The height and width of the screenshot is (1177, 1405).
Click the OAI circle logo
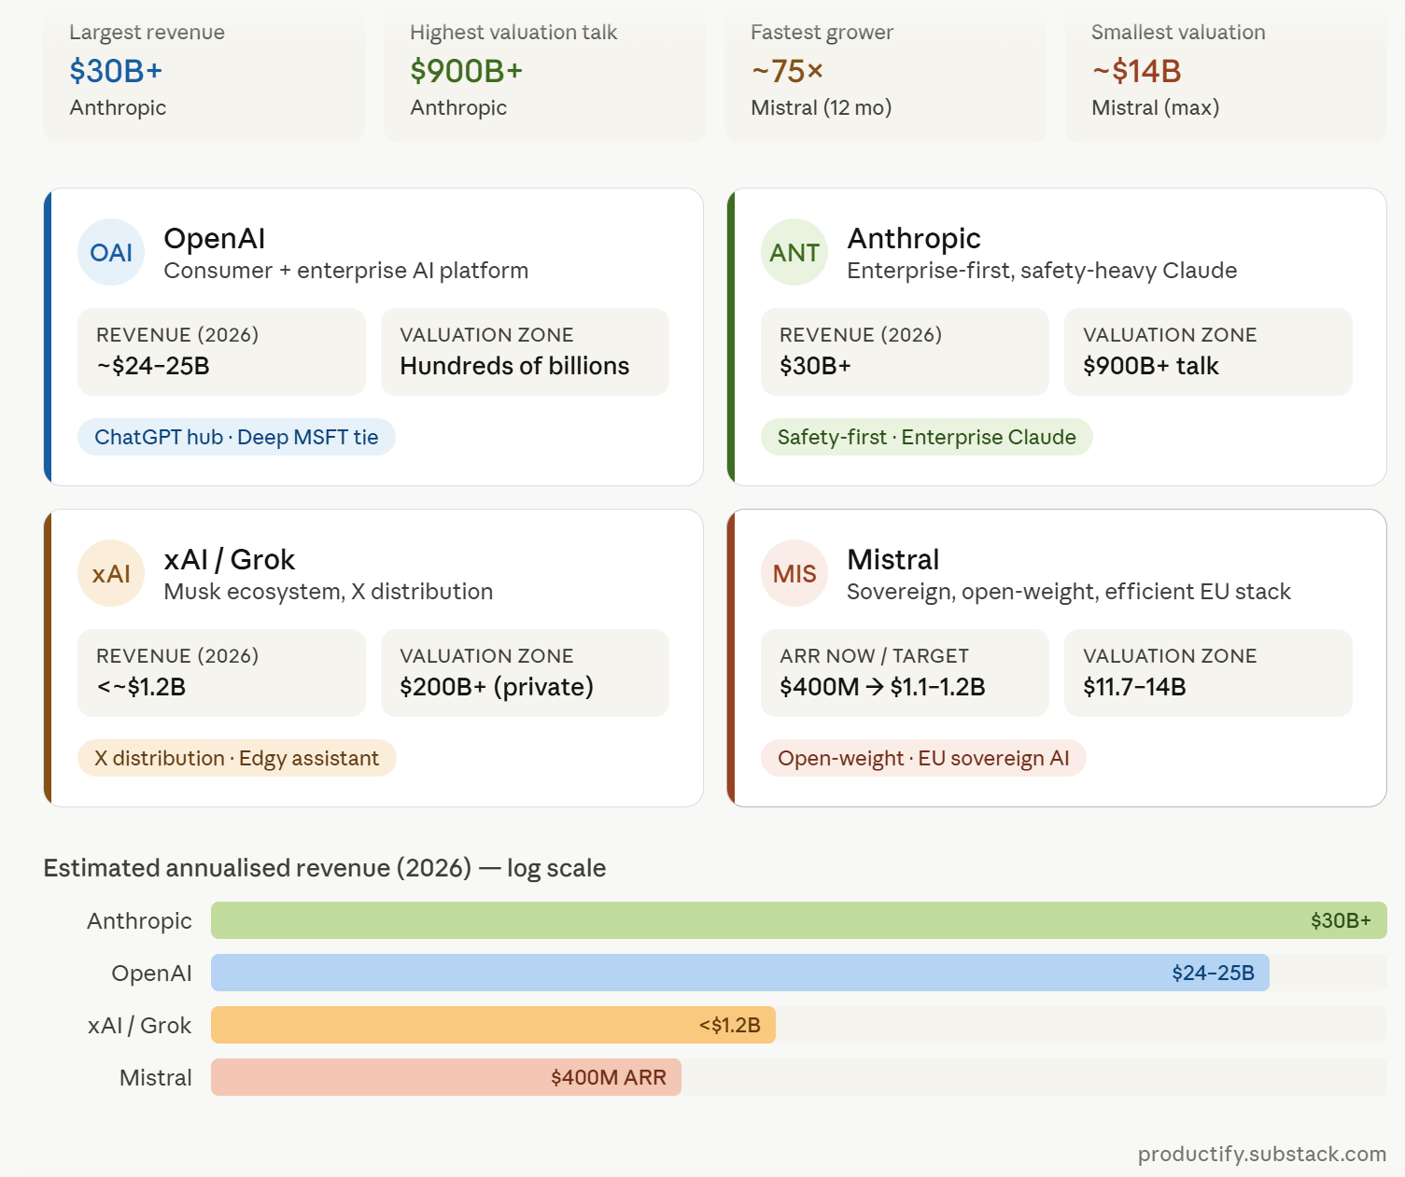[x=111, y=252]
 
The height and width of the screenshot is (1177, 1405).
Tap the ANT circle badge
[x=794, y=252]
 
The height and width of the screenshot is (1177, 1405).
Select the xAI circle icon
[x=111, y=573]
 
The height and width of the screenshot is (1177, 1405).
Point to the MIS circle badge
[x=794, y=573]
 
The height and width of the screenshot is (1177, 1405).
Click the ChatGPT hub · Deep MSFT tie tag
[x=236, y=437]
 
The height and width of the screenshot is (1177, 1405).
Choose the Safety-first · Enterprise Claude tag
[x=927, y=437]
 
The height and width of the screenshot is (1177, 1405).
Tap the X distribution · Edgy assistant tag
[x=237, y=758]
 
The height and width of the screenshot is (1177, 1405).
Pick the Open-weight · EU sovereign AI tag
[x=923, y=758]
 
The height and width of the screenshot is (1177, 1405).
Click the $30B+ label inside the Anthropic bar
[x=1341, y=920]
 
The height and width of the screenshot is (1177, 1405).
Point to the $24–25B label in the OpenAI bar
[x=1214, y=973]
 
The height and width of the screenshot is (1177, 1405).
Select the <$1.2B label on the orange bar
[x=730, y=1025]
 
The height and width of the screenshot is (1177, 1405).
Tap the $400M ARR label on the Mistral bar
[x=609, y=1077]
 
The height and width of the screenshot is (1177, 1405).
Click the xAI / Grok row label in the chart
[x=139, y=1025]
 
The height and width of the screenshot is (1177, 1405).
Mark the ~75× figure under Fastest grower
[x=787, y=71]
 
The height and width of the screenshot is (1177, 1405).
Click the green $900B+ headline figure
[x=467, y=71]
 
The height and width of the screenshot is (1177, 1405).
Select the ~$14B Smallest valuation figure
[x=1136, y=71]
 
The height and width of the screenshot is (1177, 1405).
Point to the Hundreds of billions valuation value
[x=514, y=365]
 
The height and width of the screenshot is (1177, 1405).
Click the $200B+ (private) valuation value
[x=497, y=687]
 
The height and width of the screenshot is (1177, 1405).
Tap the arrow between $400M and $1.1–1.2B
[x=874, y=687]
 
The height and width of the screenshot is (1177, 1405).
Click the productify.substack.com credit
[x=1261, y=1154]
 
